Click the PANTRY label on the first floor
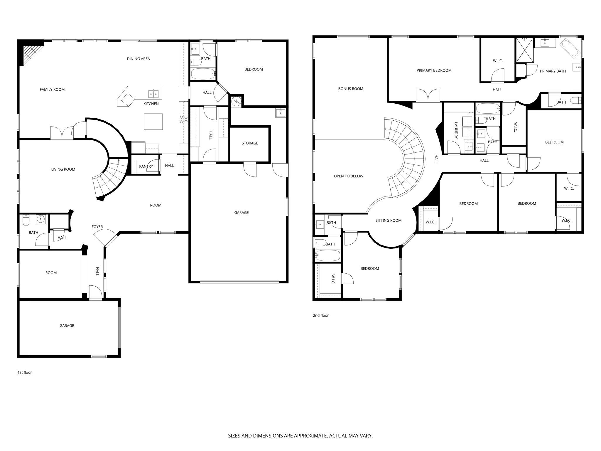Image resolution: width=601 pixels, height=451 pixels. [146, 166]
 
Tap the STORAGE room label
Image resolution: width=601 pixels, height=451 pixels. [250, 143]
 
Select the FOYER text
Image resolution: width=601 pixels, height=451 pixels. [97, 227]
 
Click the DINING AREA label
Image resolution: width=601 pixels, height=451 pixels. [138, 59]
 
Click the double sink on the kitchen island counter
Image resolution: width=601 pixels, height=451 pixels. [153, 94]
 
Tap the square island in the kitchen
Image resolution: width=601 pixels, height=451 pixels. [153, 121]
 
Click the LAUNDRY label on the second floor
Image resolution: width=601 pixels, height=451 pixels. [456, 130]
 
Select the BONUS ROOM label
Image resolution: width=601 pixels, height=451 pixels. [350, 89]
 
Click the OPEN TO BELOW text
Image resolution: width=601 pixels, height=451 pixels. [348, 176]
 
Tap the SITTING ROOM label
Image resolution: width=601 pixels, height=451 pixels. [388, 221]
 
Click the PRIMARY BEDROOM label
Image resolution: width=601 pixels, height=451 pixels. [434, 70]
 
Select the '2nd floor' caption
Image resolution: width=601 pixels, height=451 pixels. [320, 315]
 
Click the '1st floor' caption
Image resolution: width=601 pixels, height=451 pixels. [25, 372]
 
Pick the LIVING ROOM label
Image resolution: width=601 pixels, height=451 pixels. [63, 169]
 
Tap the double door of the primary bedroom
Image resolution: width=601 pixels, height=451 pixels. [428, 96]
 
